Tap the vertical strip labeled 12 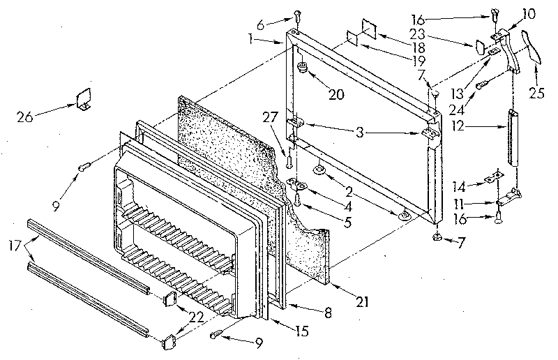[x=515, y=137]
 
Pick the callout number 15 [x=302, y=332]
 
